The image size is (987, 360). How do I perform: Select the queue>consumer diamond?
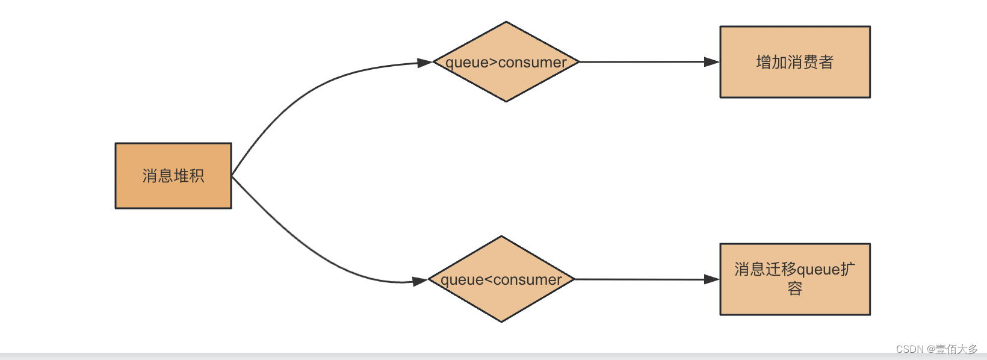[506, 84]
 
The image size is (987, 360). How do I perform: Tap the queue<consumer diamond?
[501, 301]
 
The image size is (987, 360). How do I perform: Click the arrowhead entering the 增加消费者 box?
[712, 61]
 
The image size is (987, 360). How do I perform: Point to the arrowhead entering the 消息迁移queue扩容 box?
[712, 279]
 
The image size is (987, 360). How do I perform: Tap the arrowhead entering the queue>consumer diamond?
[425, 62]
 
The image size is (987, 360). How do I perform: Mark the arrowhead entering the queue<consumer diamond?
[420, 281]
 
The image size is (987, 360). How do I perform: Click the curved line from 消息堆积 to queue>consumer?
[301, 96]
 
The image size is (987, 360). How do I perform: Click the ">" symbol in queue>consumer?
[493, 62]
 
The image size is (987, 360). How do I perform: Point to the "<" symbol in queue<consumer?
[488, 279]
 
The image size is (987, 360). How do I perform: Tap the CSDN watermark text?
[936, 349]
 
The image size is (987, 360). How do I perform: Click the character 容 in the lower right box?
[795, 289]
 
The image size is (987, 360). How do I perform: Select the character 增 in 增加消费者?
[764, 62]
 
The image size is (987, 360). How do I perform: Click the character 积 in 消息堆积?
[197, 176]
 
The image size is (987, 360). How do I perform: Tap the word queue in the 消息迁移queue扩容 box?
[818, 270]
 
